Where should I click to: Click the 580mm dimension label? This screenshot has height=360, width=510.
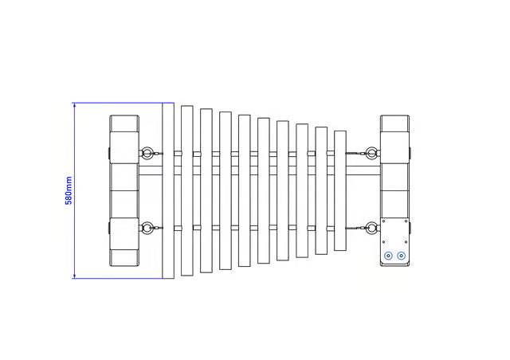tap(69, 190)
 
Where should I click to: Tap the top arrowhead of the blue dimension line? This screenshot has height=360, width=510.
tap(74, 105)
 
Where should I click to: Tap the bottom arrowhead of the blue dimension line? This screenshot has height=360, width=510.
tap(74, 276)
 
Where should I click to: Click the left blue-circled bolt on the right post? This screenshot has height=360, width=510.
tap(388, 256)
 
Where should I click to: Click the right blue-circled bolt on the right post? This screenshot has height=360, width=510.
tap(402, 256)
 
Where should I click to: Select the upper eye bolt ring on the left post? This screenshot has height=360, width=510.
tap(147, 153)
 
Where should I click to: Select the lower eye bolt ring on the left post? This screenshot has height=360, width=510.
tap(147, 228)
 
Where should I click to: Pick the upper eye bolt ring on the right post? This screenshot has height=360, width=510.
tap(371, 153)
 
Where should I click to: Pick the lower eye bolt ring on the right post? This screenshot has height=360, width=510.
tap(371, 228)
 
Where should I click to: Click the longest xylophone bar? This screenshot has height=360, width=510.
tap(168, 190)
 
